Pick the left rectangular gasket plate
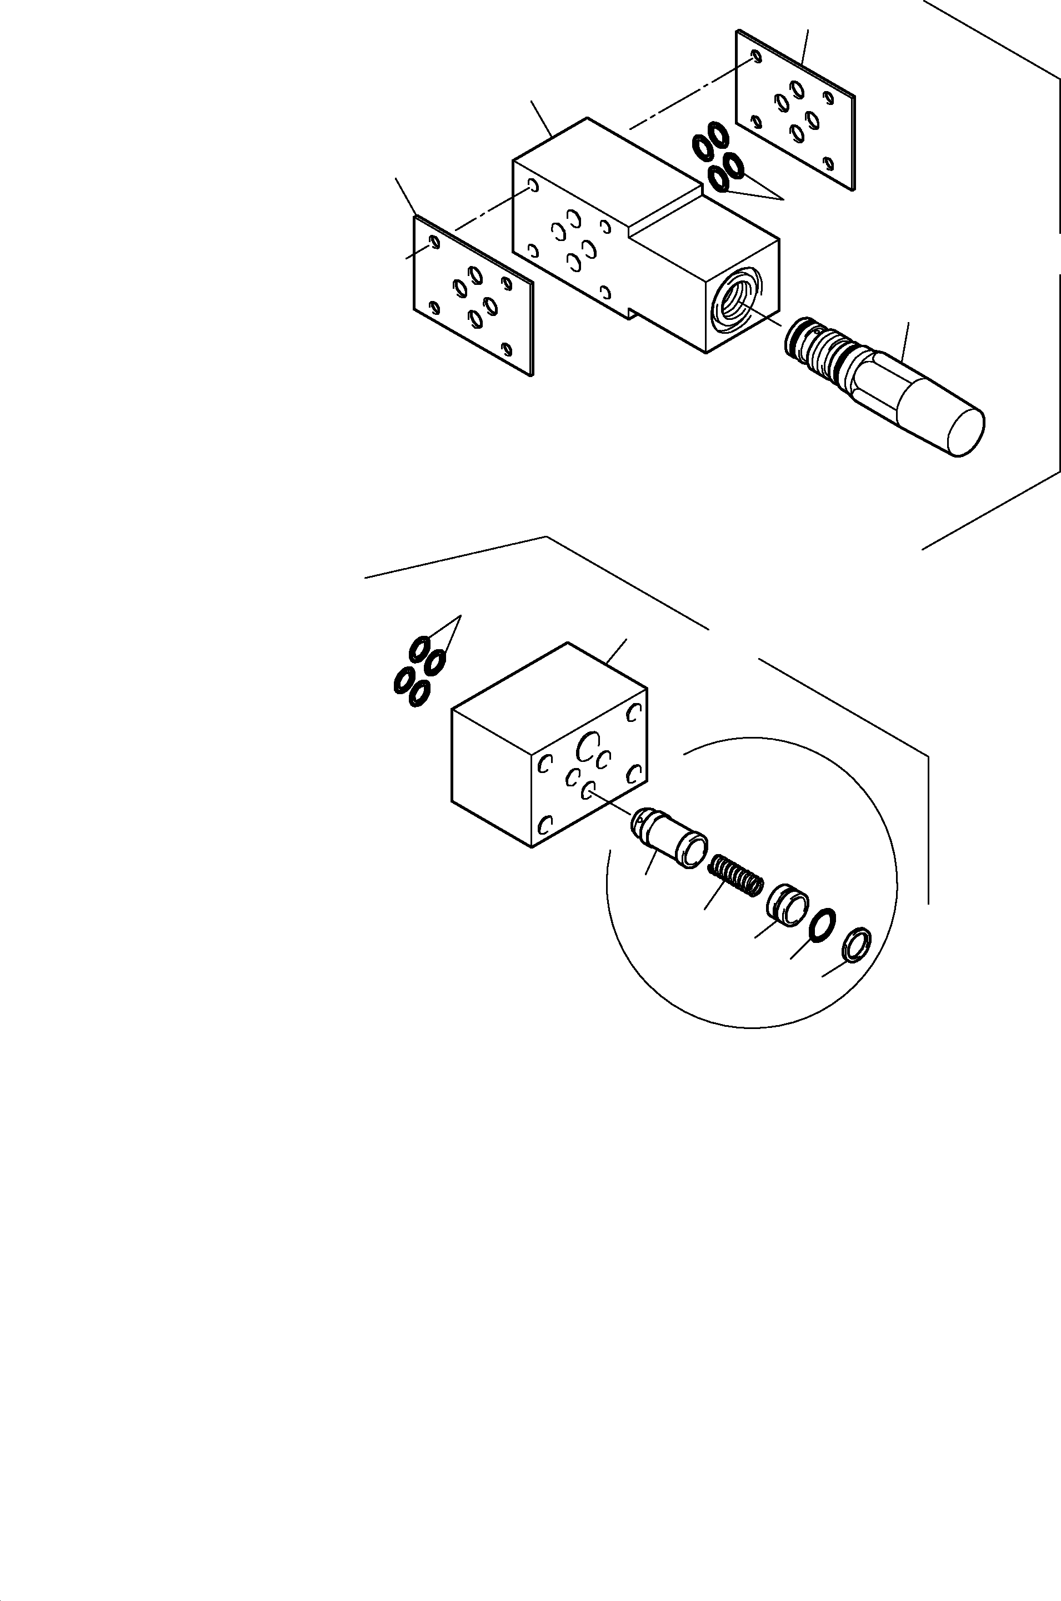(x=473, y=295)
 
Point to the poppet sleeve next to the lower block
(x=668, y=839)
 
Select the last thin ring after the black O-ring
(x=857, y=945)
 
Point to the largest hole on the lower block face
(x=585, y=747)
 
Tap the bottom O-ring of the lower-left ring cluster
(x=419, y=692)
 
